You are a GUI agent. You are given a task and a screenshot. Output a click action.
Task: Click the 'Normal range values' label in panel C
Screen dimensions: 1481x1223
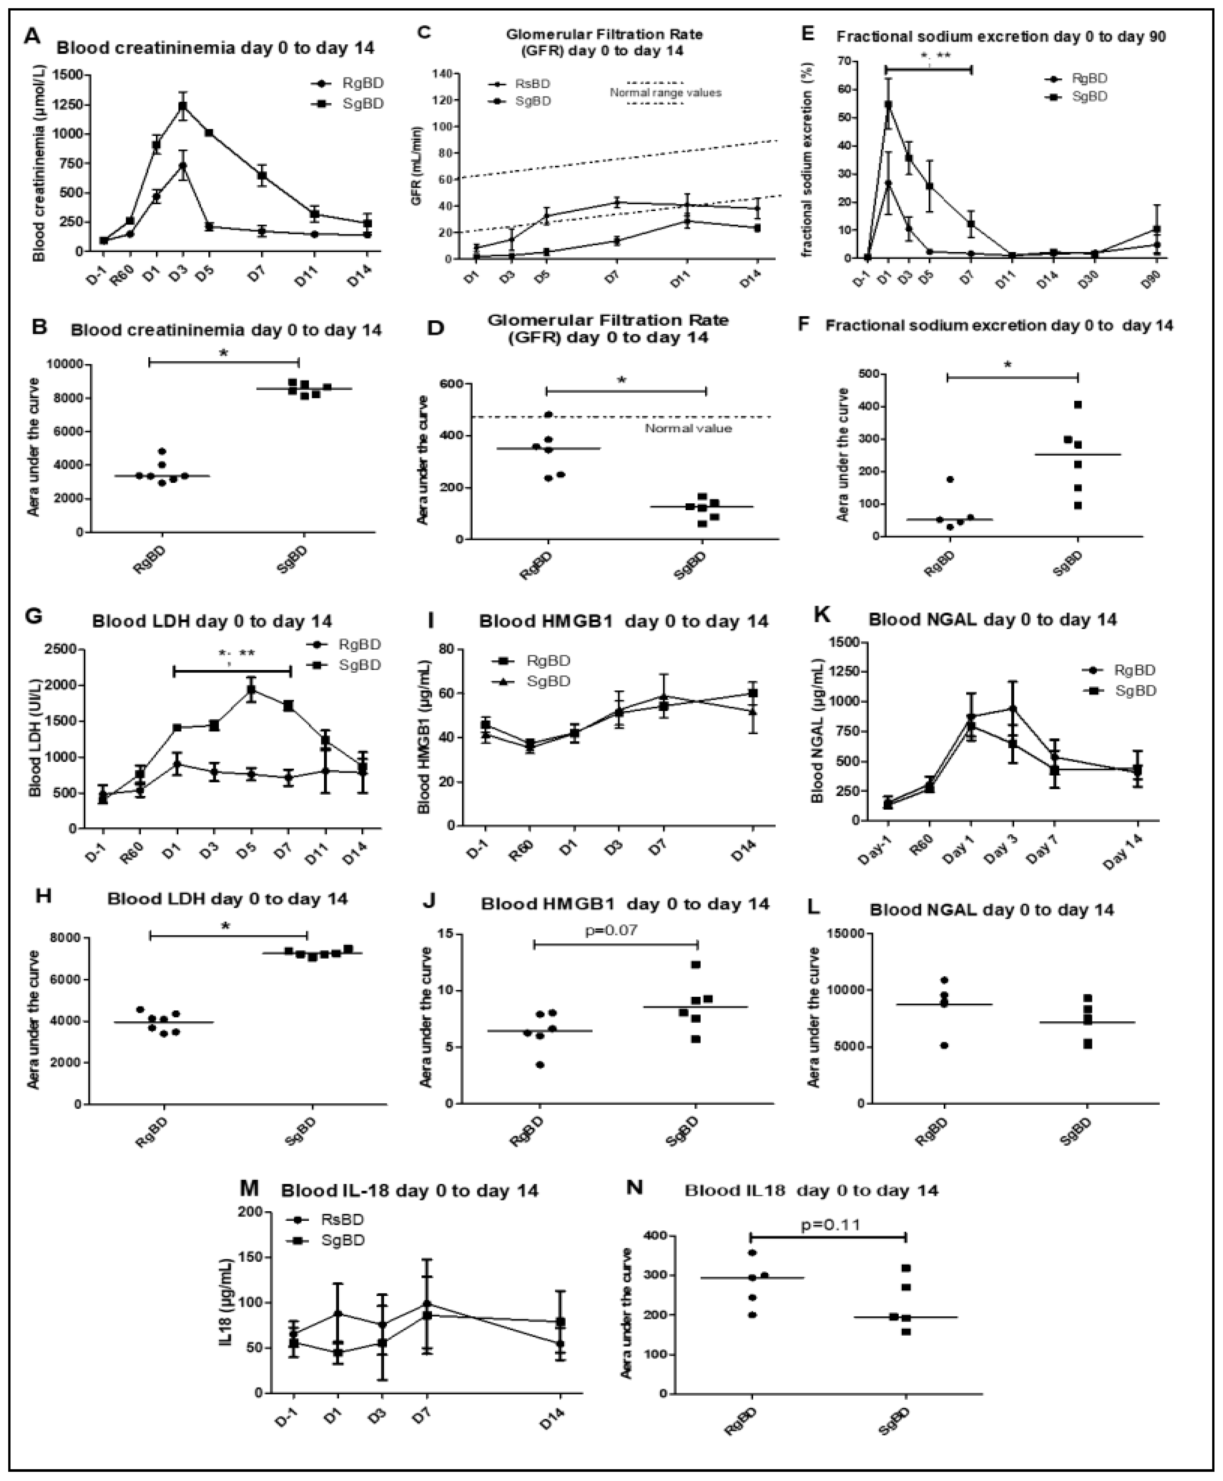665,92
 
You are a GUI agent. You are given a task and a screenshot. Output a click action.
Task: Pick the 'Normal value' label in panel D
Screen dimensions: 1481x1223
688,428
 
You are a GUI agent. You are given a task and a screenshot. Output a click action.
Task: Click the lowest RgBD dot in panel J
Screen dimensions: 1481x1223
540,1064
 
